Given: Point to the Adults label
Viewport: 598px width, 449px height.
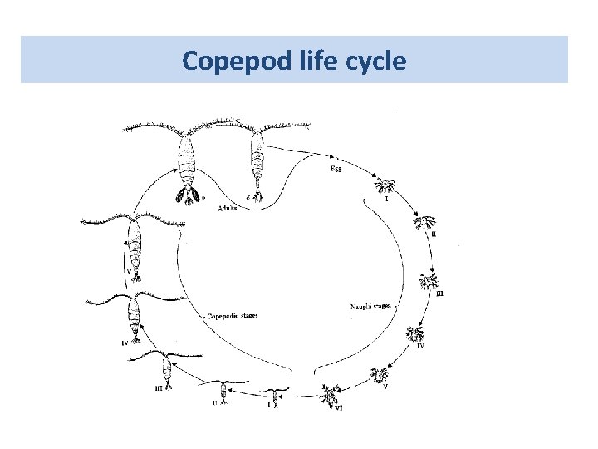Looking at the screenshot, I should [x=224, y=208].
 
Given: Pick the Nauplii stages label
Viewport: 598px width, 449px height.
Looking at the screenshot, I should [x=371, y=307].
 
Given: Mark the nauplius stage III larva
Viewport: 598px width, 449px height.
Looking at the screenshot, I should [x=430, y=281].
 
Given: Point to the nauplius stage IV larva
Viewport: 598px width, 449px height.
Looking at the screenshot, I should [x=415, y=335].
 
